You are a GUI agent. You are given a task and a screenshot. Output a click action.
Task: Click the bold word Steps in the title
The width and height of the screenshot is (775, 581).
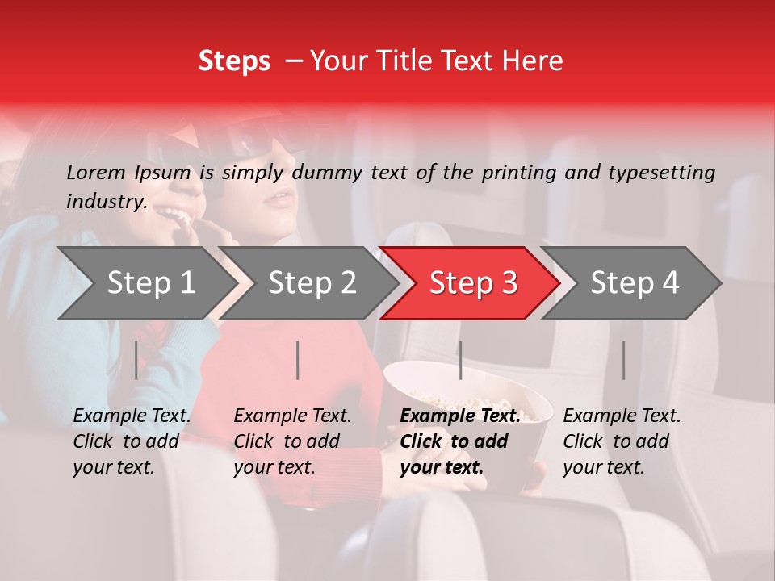[x=234, y=61]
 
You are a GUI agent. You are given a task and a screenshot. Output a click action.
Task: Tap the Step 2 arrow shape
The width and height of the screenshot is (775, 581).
[x=312, y=283]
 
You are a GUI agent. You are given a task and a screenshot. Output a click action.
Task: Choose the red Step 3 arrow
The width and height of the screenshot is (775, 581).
[x=473, y=283]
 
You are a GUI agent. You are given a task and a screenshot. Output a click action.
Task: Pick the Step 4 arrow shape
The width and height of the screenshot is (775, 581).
[x=635, y=283]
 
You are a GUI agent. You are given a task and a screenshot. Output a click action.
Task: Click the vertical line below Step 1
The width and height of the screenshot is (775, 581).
[x=136, y=360]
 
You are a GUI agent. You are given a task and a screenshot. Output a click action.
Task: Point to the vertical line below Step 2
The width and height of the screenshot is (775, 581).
[x=298, y=360]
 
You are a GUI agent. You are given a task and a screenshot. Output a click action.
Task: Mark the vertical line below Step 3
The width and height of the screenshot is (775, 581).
[x=460, y=360]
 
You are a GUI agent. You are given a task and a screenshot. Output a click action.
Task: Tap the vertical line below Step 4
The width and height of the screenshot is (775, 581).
[x=623, y=360]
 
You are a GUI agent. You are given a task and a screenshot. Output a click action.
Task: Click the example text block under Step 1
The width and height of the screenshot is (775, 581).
[x=132, y=441]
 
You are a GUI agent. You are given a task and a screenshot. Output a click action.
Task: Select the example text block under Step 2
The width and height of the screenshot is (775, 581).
[x=292, y=441]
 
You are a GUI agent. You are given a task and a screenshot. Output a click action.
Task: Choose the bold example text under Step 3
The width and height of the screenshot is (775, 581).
[x=459, y=441]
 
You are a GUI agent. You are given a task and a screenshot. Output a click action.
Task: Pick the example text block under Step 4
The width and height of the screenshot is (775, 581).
[x=622, y=441]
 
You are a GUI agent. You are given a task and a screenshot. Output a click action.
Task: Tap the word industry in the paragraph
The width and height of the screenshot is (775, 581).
[x=107, y=201]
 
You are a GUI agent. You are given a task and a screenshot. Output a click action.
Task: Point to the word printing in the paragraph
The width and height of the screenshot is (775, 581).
[x=521, y=172]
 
